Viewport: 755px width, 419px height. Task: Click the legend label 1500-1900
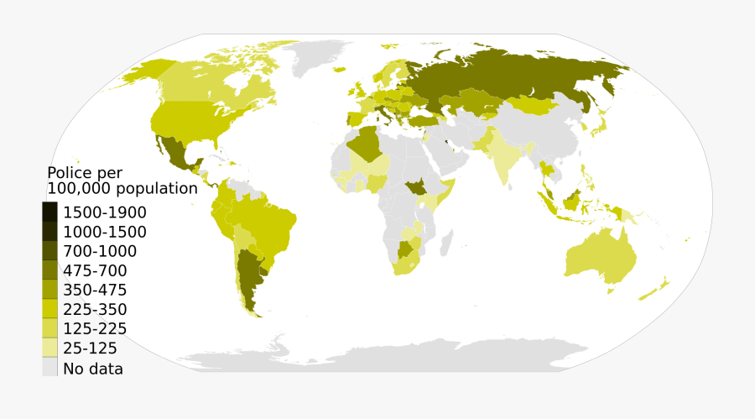[105, 212]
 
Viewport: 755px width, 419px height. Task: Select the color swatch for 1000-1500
[50, 232]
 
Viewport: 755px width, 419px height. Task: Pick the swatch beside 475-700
[50, 270]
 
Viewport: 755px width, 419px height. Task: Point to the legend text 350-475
[95, 290]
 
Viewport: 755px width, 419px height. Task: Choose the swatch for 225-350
[50, 309]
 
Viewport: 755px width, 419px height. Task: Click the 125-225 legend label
[95, 328]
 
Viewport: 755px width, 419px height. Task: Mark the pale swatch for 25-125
[50, 348]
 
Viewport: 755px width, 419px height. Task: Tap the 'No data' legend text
[93, 368]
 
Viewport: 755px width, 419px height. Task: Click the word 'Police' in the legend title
[72, 173]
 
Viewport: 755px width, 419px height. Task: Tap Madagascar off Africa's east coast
[446, 244]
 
